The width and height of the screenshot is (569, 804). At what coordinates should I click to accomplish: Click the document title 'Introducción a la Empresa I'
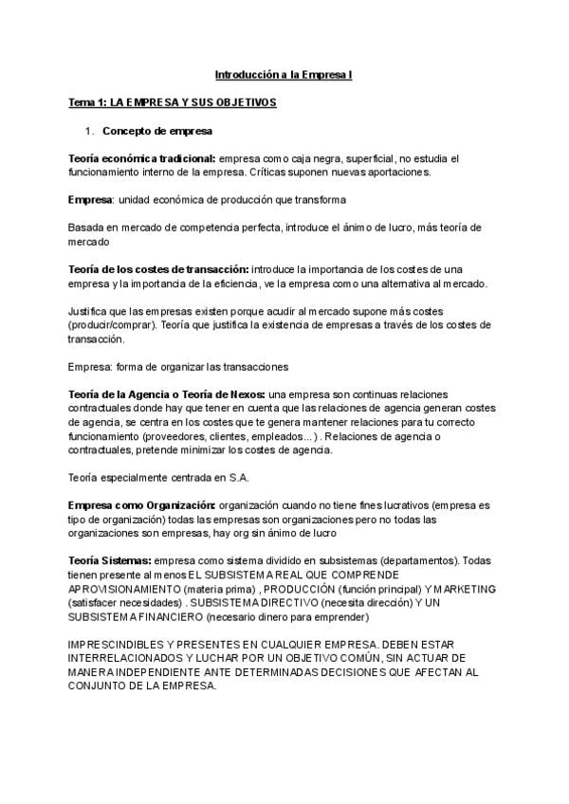click(x=284, y=73)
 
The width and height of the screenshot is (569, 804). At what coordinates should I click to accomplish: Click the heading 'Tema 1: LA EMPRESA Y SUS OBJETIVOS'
click(x=173, y=101)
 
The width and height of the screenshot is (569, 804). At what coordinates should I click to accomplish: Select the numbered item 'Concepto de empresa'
click(x=157, y=130)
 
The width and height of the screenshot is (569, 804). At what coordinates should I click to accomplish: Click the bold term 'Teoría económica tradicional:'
click(x=142, y=158)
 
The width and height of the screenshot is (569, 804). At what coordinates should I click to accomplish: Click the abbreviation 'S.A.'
click(x=235, y=479)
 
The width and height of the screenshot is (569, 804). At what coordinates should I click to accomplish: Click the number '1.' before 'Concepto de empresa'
click(x=90, y=130)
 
